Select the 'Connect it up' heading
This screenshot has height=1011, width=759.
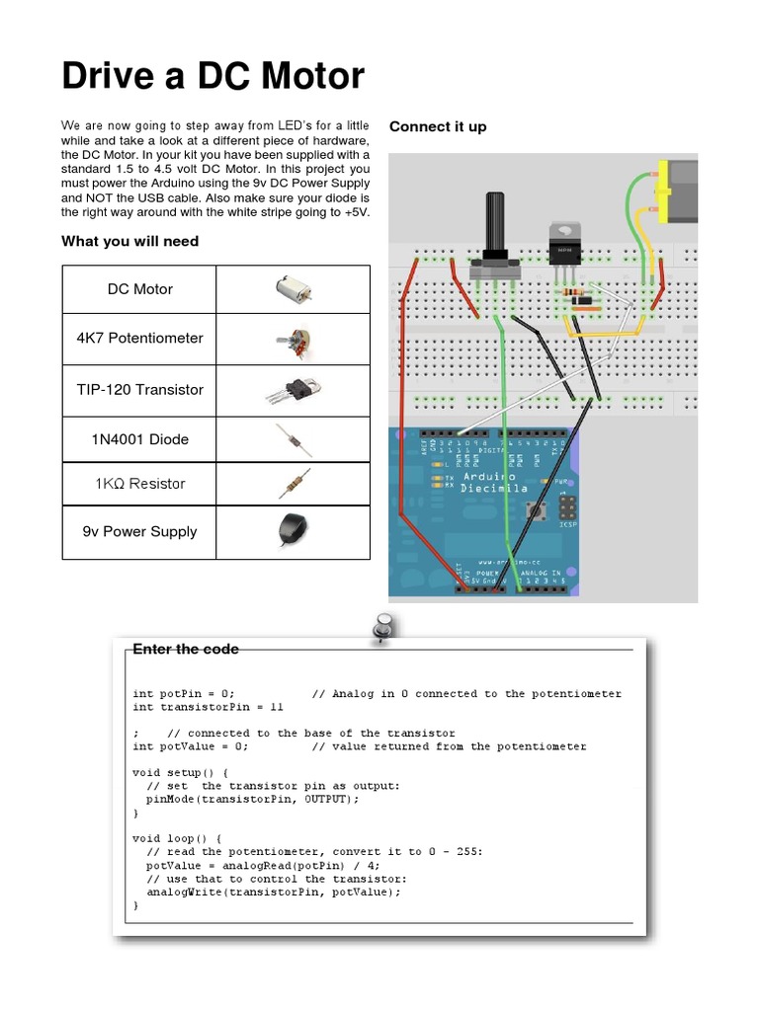(438, 126)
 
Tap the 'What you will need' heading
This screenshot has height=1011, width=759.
(129, 241)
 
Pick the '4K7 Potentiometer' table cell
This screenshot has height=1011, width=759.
(139, 338)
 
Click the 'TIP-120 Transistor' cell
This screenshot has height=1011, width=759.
(139, 389)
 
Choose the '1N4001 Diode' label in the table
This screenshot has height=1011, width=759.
(139, 439)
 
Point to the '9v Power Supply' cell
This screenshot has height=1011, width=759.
(139, 531)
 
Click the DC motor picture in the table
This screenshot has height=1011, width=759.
(294, 289)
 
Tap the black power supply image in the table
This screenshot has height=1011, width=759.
(291, 531)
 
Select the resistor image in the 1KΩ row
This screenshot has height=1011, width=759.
(293, 484)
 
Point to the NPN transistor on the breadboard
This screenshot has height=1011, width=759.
(564, 243)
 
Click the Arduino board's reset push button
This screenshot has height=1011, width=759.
(542, 510)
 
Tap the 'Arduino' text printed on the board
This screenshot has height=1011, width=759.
(491, 476)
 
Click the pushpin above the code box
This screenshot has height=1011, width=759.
(381, 628)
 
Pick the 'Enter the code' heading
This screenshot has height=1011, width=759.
(186, 649)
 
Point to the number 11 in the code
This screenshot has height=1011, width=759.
(276, 707)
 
